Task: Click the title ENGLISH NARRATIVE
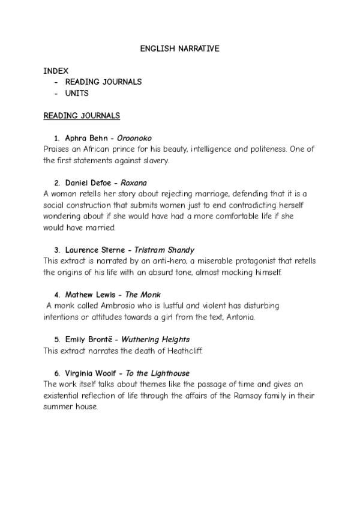tap(179, 48)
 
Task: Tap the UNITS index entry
tap(77, 93)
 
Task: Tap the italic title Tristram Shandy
tap(164, 250)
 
